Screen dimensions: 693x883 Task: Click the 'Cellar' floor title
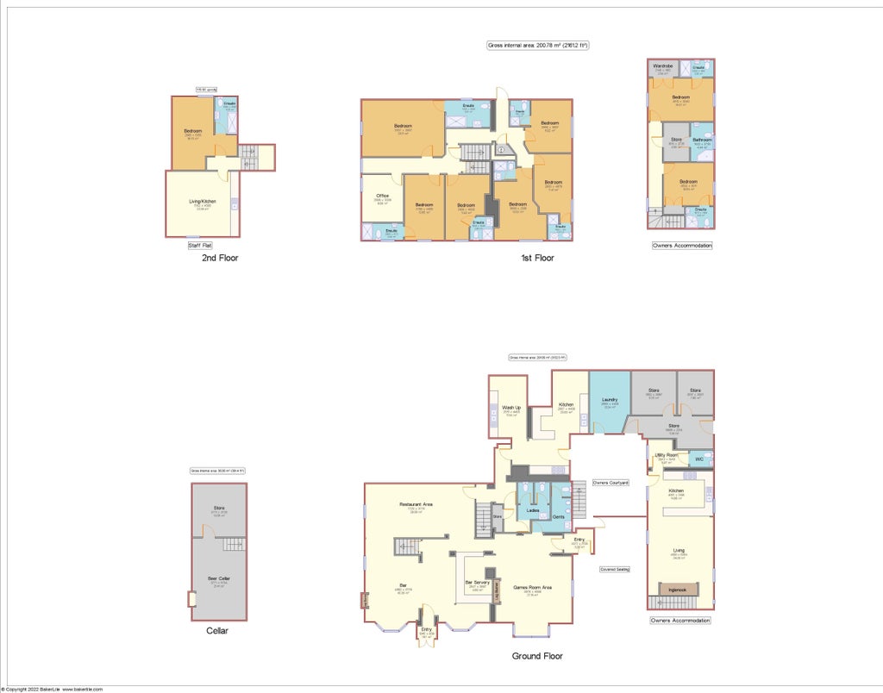pos(217,630)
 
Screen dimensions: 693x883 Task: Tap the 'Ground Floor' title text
pos(537,656)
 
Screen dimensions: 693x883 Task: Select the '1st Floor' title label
pos(537,258)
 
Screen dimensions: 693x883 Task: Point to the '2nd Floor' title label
pos(220,258)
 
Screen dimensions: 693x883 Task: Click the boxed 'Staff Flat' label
pos(200,246)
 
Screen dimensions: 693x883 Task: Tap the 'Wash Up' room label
pos(511,408)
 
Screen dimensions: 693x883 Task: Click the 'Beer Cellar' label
pos(218,578)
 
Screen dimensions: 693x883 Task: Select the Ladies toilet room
pos(533,511)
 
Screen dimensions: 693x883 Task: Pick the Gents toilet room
pos(559,516)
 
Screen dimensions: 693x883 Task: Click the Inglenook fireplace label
pos(679,590)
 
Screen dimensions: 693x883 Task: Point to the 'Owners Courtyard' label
pos(610,483)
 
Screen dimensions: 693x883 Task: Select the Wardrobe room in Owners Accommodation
pos(663,66)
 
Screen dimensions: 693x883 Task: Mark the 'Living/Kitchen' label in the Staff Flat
pos(203,202)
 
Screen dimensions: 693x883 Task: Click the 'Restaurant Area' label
pos(416,504)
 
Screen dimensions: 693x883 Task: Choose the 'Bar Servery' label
pos(478,583)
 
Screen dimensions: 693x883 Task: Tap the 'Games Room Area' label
pos(533,588)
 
